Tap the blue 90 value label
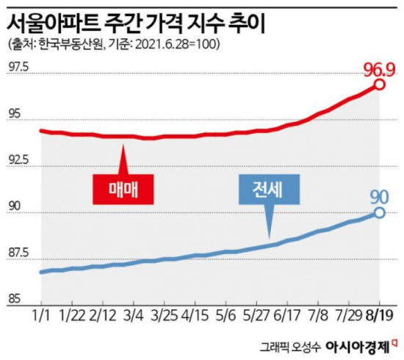tap(378, 197)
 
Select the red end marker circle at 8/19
tap(379, 85)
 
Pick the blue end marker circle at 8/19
tap(379, 213)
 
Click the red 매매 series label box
tap(123, 190)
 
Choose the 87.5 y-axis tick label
tap(18, 253)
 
